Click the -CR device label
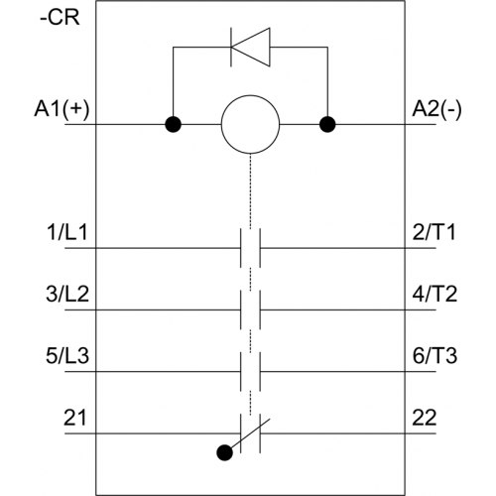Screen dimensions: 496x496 point(60,17)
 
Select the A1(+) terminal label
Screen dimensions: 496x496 point(62,109)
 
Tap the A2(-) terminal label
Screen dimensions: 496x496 point(436,109)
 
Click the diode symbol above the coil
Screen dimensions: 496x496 point(250,47)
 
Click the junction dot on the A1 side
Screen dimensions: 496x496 point(173,125)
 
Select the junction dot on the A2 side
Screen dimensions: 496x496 point(327,125)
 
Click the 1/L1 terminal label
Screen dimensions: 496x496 point(67,232)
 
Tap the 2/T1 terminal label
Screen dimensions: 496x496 point(434,232)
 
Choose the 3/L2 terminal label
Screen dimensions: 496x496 point(67,294)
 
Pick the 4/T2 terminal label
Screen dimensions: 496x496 point(434,294)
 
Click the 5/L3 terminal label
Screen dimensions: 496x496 point(67,355)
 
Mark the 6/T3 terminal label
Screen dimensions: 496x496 point(434,355)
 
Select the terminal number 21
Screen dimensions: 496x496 point(75,418)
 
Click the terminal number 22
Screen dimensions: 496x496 point(425,418)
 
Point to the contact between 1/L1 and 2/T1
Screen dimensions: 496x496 point(250,248)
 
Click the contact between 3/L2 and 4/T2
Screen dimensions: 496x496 point(250,310)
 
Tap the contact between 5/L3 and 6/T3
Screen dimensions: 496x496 point(250,372)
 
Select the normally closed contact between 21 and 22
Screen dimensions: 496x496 point(251,434)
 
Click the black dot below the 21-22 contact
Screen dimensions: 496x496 point(224,452)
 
